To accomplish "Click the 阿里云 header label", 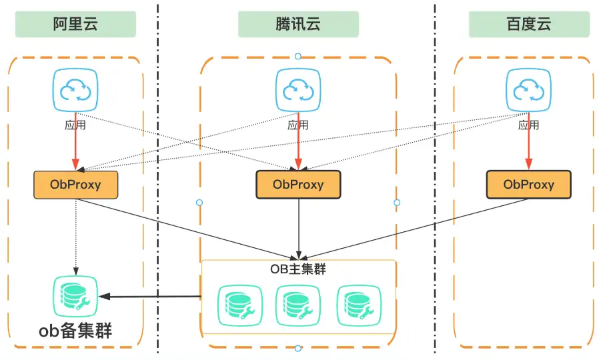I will click(75, 25).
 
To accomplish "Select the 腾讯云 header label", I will click(298, 25).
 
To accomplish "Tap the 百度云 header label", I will click(529, 25).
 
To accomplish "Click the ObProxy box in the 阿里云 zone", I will click(75, 185).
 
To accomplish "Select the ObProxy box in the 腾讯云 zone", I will click(298, 185).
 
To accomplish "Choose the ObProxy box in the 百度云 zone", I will click(528, 185).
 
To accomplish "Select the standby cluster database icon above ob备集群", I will click(75, 296).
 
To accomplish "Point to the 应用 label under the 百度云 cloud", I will click(528, 125).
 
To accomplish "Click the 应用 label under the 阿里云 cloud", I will click(75, 125).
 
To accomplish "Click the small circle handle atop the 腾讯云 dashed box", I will click(298, 57).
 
